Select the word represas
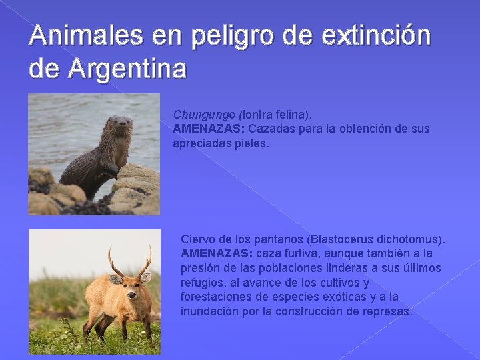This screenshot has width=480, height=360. (x=388, y=311)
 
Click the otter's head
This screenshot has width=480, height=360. (x=119, y=126)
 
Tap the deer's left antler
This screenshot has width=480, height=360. (x=113, y=260)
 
